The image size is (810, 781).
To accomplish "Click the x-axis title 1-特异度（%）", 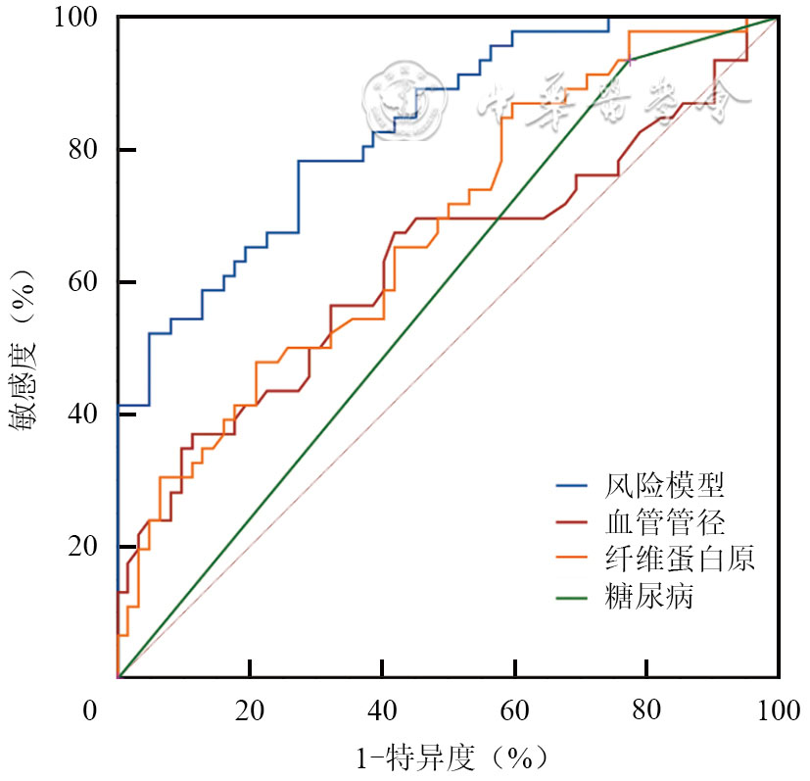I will point(450,757).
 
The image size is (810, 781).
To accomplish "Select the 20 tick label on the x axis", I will point(251,710).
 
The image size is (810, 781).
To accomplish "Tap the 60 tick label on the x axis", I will point(515,710).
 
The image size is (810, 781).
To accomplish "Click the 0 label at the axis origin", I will point(90,710).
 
